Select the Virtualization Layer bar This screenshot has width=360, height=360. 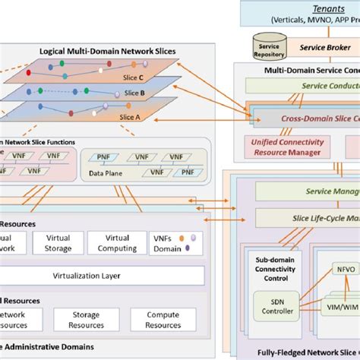click(x=103, y=275)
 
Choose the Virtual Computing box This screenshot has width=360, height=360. click(x=117, y=242)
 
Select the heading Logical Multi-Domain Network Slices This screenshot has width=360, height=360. click(x=108, y=52)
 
